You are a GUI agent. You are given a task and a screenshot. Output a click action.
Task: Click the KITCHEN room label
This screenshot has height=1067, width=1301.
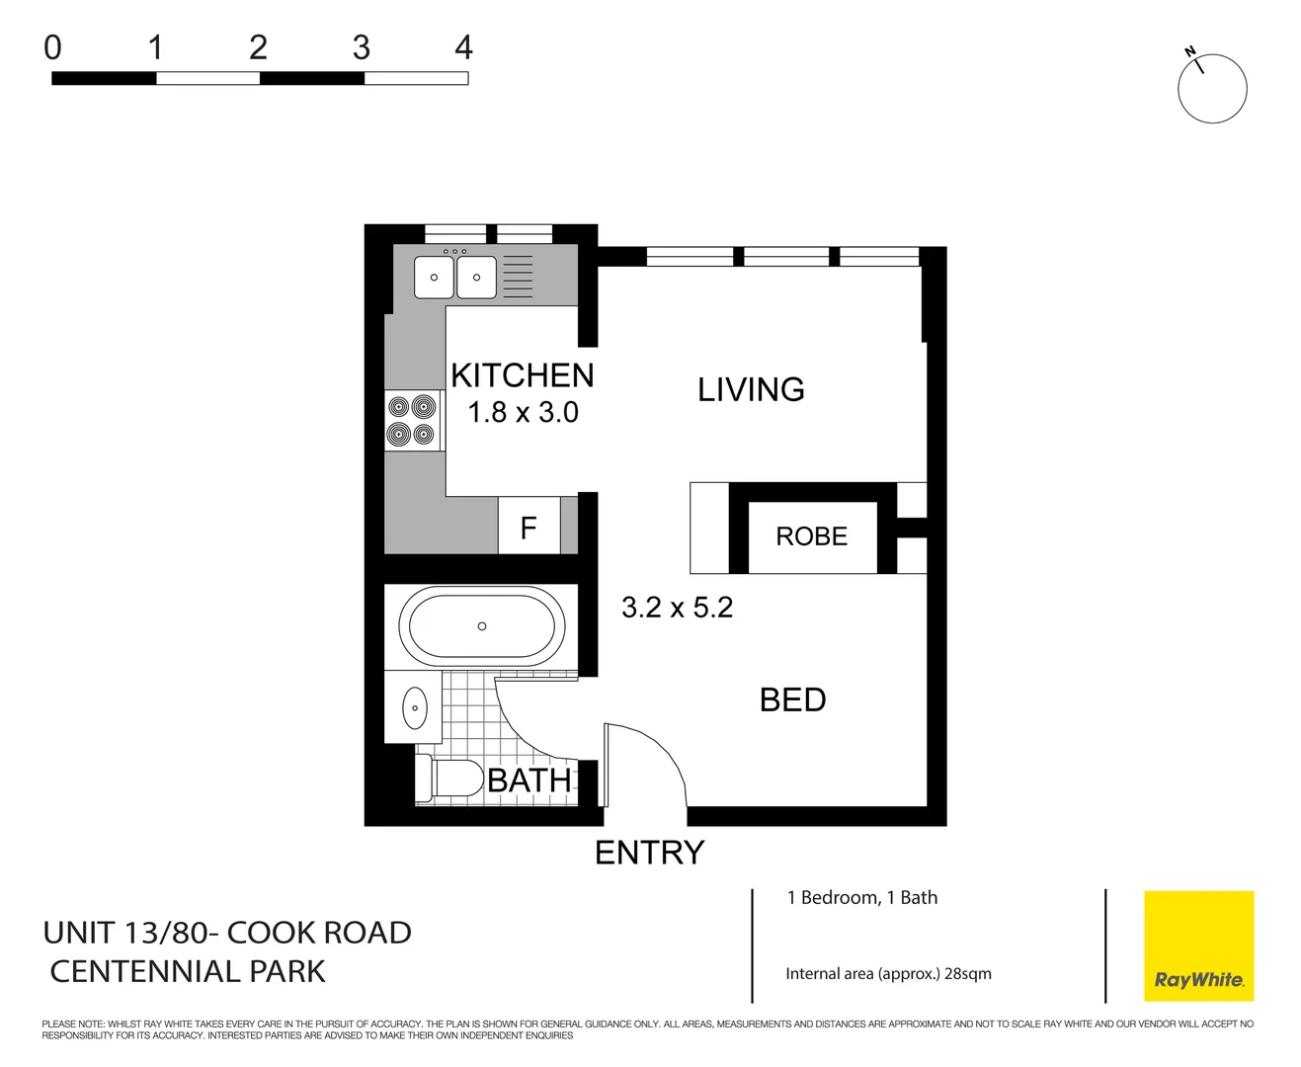[522, 375]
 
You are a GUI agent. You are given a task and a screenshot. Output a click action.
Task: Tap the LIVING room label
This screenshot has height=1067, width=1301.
[751, 389]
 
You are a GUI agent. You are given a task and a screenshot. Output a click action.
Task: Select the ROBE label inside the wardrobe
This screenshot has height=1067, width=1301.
[811, 536]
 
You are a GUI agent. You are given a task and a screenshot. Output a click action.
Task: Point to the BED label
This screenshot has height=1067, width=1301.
[792, 699]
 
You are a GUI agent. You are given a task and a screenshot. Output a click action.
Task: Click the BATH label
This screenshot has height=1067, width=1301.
[529, 780]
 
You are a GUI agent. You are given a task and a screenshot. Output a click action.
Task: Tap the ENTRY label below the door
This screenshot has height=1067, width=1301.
[649, 853]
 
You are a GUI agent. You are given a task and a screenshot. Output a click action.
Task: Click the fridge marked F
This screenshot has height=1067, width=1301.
[529, 528]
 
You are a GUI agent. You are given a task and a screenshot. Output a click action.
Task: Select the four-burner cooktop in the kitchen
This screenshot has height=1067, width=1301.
[412, 420]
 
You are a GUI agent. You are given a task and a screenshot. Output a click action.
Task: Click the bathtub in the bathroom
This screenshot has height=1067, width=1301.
[481, 626]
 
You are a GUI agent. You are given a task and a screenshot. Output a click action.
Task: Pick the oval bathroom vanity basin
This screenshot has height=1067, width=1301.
[415, 708]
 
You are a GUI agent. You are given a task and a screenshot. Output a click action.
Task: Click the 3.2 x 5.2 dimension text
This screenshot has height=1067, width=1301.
[677, 608]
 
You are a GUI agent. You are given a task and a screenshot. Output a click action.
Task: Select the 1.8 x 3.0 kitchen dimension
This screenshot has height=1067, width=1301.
[523, 412]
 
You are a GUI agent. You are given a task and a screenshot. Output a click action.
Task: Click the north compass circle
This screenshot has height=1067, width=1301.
[1212, 89]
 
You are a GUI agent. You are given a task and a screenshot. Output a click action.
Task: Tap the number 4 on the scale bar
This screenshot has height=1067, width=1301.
[463, 47]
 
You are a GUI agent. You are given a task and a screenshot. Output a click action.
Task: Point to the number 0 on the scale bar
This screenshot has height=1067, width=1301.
[53, 47]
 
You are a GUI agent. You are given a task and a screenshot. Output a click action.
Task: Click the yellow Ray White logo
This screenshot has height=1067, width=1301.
[1198, 945]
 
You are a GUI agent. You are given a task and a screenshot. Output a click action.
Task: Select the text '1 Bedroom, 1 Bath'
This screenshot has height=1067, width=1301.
[861, 898]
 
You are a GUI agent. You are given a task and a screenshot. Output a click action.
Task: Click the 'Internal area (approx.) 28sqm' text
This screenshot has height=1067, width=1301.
[888, 974]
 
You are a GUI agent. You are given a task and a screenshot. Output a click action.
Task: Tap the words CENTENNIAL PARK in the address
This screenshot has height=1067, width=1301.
[188, 972]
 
